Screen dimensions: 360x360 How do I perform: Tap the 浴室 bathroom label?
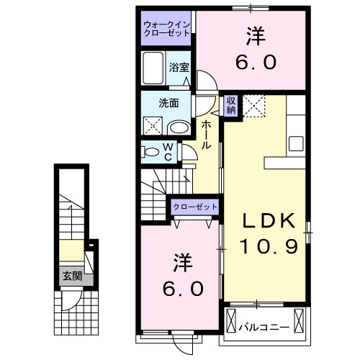point(179,67)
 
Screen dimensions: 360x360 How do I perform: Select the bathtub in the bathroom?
point(153,69)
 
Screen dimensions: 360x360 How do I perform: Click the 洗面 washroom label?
point(168,102)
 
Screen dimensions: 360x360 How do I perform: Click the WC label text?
point(167,152)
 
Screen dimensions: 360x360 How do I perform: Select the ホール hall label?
point(207,135)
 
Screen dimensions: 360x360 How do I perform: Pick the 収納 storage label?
point(230,105)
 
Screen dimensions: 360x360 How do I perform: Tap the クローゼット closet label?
point(194,207)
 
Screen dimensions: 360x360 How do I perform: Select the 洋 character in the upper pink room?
point(253,34)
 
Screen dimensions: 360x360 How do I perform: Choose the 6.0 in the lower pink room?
point(181,289)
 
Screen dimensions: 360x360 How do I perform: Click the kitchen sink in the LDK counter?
point(296,142)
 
